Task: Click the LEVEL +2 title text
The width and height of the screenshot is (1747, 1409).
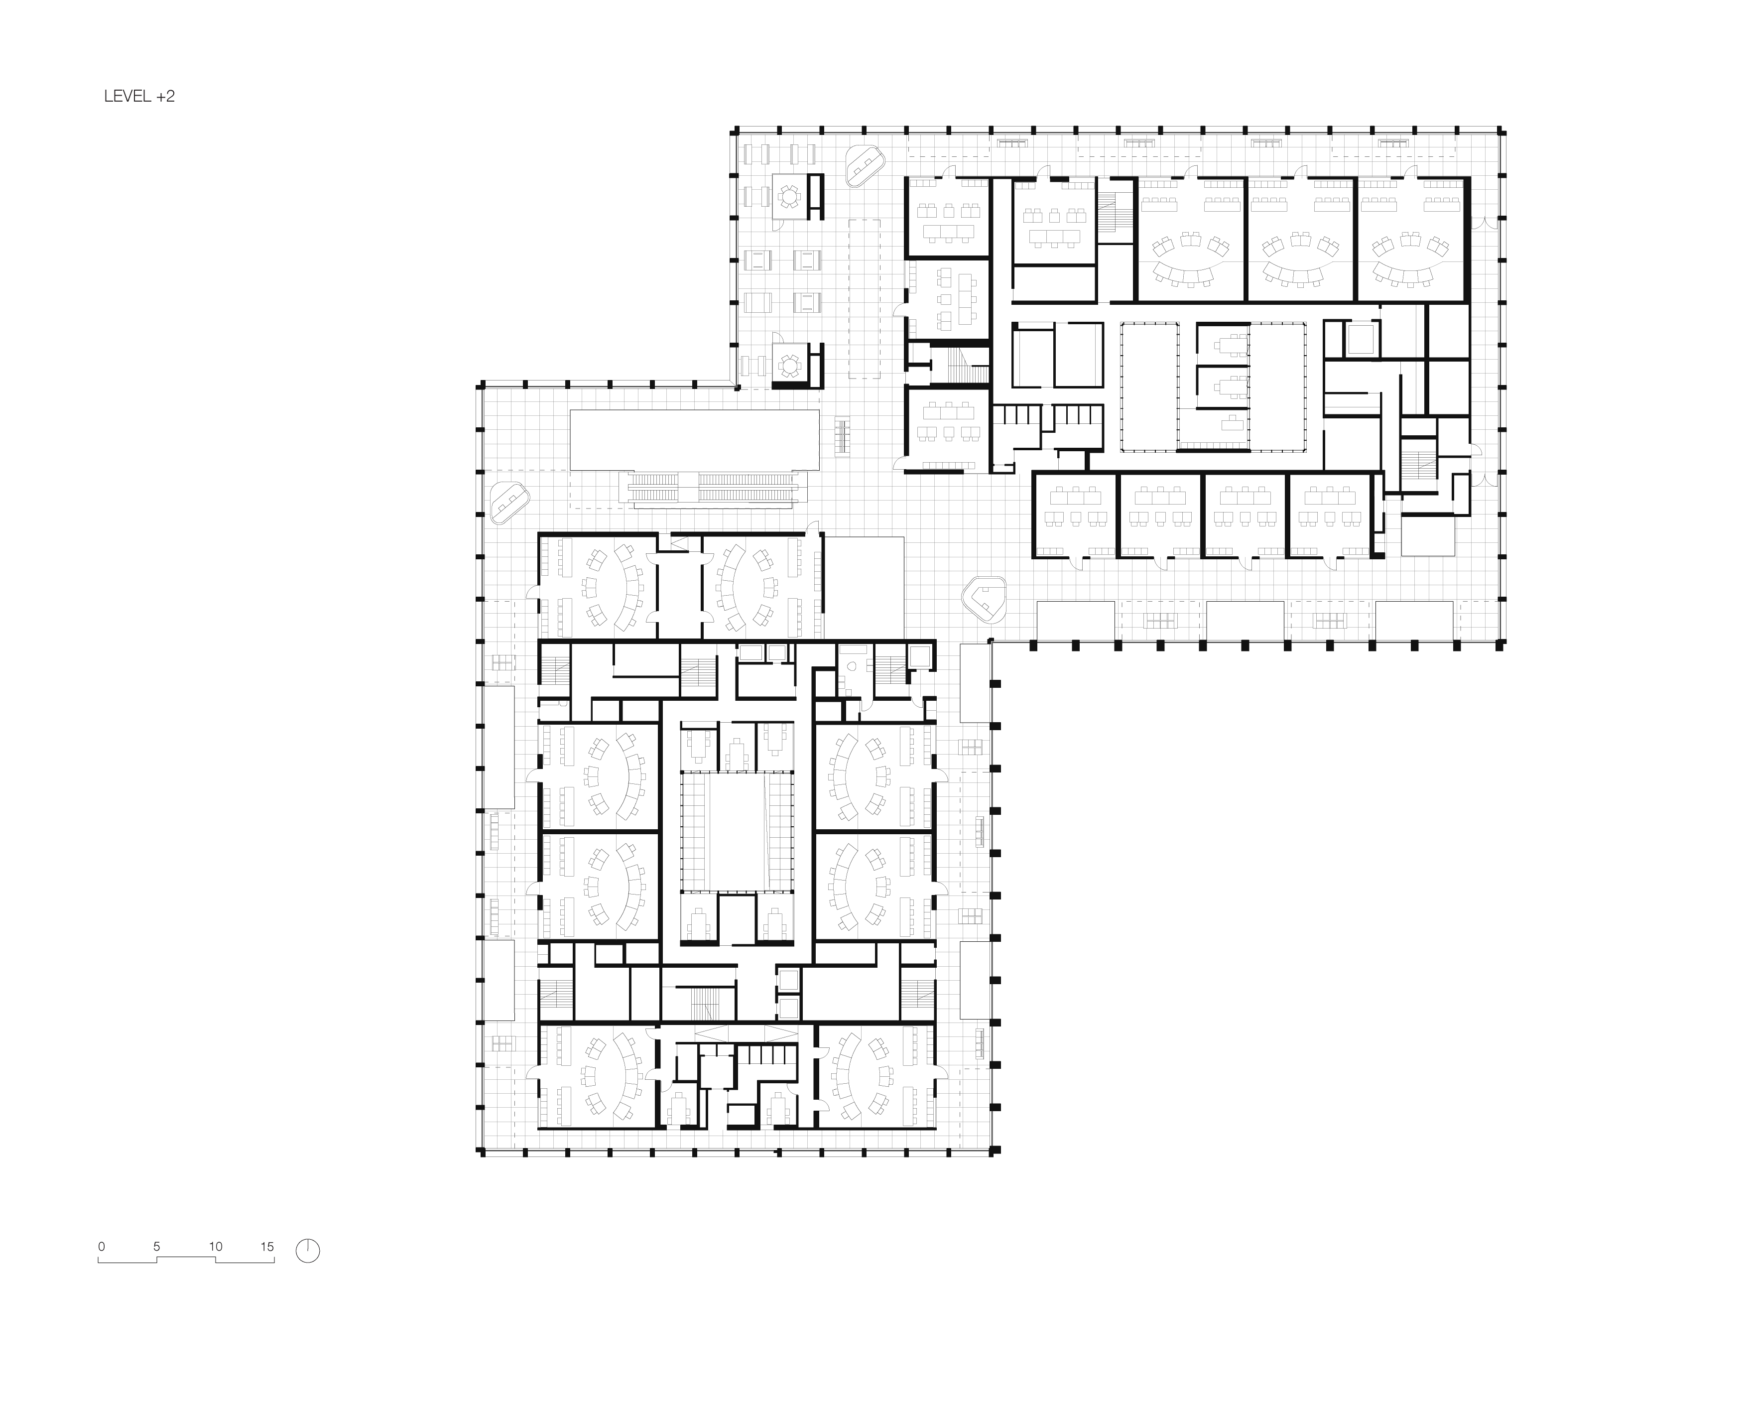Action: (139, 97)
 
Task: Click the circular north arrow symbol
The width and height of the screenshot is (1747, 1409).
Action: (308, 1251)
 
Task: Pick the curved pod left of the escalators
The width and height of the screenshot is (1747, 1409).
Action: (509, 502)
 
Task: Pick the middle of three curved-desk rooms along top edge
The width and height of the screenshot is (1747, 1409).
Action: (1300, 240)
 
